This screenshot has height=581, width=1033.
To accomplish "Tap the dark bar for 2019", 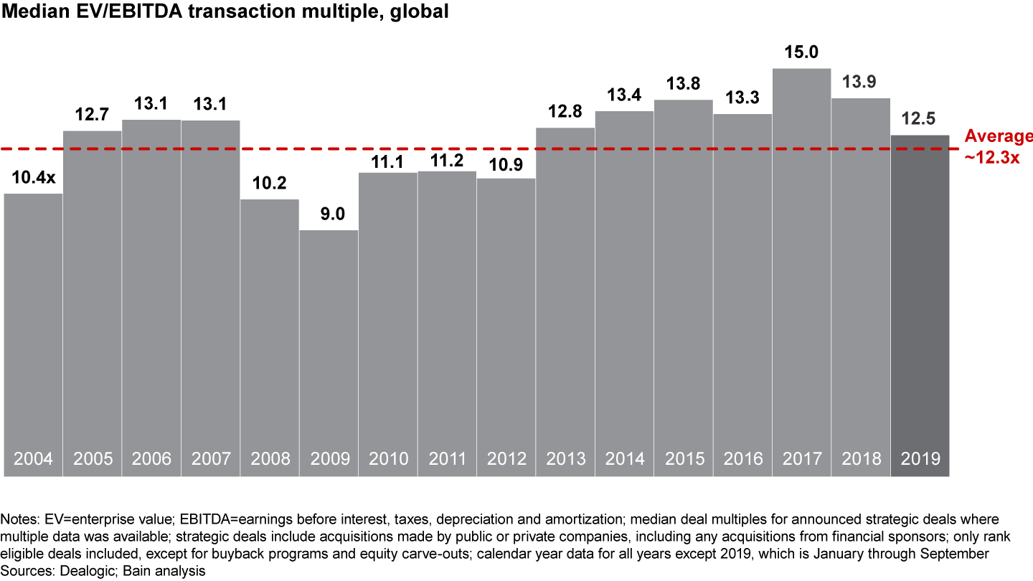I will (920, 301).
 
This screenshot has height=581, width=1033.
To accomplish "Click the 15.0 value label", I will (801, 53).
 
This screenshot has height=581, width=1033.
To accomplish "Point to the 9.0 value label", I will (329, 214).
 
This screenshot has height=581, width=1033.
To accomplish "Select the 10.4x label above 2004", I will (33, 178).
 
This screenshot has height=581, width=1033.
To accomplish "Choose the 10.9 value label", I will (506, 163).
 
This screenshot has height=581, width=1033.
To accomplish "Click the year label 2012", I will (506, 459).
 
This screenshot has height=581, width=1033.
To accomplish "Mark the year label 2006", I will (151, 459).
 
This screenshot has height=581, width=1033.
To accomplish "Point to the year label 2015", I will (683, 459).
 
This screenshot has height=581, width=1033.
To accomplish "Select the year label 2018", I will (860, 459).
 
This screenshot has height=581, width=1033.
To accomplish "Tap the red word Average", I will (999, 136).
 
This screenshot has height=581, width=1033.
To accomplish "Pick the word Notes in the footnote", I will (17, 519).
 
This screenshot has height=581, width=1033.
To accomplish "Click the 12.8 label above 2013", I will (565, 113).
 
